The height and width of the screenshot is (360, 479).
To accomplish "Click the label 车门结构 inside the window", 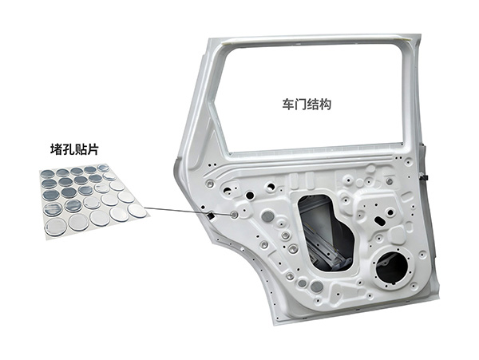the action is click(307, 105).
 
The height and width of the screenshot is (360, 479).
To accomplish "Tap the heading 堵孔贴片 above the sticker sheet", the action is click(74, 149).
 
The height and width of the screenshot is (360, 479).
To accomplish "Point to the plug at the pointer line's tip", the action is click(234, 215).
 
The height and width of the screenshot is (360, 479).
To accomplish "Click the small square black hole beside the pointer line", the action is click(211, 216).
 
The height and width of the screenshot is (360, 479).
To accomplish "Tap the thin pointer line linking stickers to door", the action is click(188, 211).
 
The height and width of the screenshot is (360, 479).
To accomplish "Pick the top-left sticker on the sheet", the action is click(48, 174).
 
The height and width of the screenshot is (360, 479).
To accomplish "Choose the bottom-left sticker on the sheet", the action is click(56, 227).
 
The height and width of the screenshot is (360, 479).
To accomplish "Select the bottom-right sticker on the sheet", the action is click(137, 211).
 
